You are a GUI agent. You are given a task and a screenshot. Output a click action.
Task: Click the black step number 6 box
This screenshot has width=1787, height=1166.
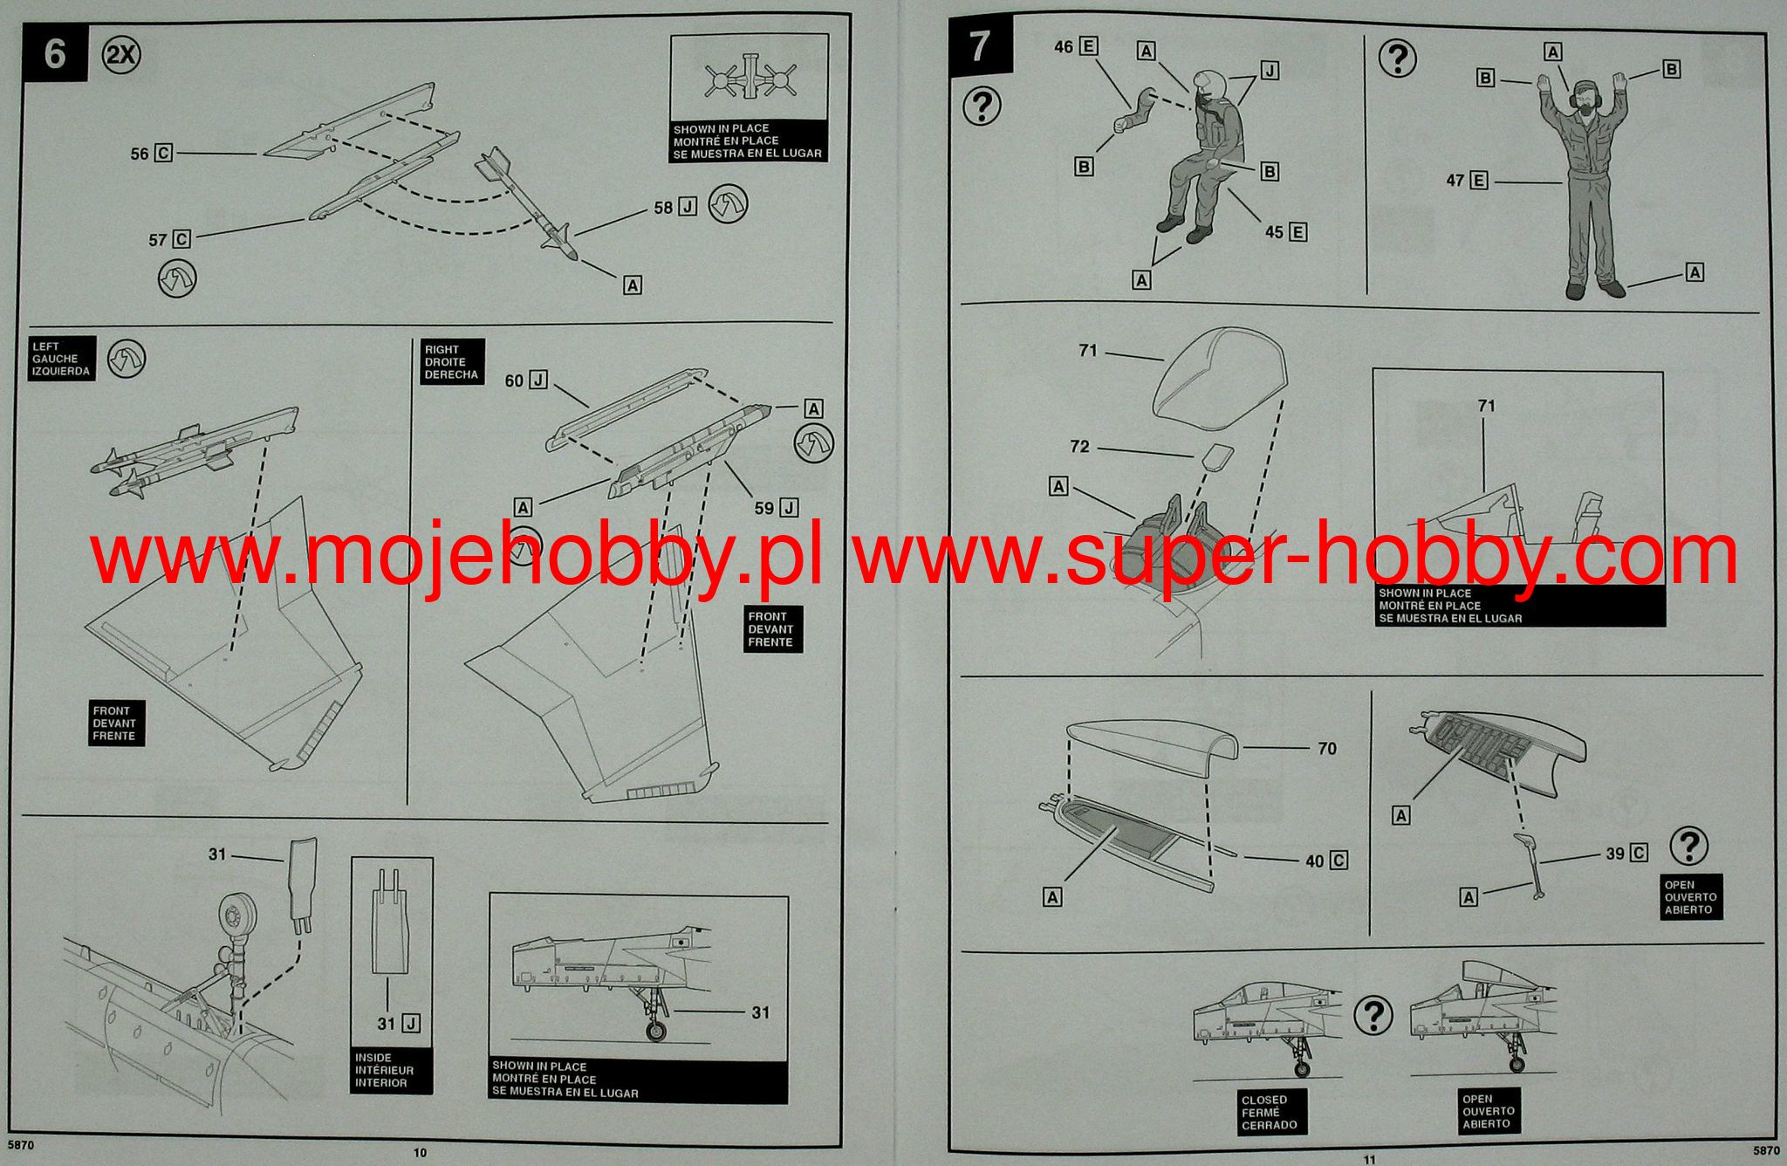coord(55,53)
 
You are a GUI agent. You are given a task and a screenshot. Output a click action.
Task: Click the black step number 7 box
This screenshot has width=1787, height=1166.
coord(981,45)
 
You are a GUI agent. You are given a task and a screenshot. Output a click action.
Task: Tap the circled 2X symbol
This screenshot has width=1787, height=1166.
coord(121,56)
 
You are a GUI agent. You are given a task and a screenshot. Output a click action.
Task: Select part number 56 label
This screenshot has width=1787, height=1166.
coord(140,154)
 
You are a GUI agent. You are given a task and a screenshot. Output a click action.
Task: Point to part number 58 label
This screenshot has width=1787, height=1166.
coord(663,208)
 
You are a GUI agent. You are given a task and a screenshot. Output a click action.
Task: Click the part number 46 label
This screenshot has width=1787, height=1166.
coord(1064,46)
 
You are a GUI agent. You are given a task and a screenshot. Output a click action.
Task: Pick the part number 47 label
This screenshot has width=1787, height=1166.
coord(1455,182)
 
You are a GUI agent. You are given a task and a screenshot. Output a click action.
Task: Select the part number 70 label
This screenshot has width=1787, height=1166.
coord(1327,748)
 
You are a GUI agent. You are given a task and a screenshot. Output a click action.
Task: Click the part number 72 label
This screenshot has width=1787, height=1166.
coord(1079,447)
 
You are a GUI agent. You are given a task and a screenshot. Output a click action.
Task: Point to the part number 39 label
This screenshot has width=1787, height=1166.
coord(1614,853)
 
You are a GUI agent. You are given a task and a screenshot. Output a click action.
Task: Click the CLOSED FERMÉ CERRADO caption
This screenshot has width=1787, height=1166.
coord(1269,1112)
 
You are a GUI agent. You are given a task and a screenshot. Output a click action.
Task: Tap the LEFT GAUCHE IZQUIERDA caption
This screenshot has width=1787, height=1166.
coord(61,359)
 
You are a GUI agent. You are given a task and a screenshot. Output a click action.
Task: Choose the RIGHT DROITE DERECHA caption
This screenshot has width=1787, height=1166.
coord(450,362)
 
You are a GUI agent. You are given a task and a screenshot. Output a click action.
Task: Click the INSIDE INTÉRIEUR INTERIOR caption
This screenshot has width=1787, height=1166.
coord(384,1070)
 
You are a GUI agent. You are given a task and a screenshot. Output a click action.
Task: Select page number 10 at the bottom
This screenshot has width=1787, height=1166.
coord(420,1153)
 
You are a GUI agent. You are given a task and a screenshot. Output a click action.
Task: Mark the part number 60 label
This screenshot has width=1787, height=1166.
coord(514,381)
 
